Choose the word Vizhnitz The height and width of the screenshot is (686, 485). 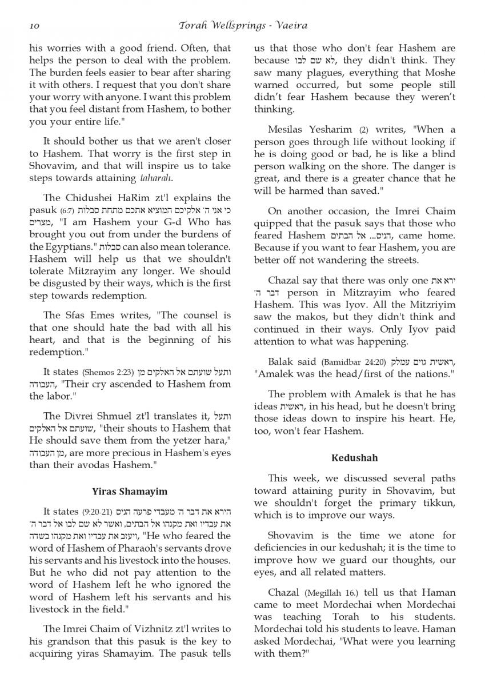point(153,629)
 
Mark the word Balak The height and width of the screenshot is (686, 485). point(279,362)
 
